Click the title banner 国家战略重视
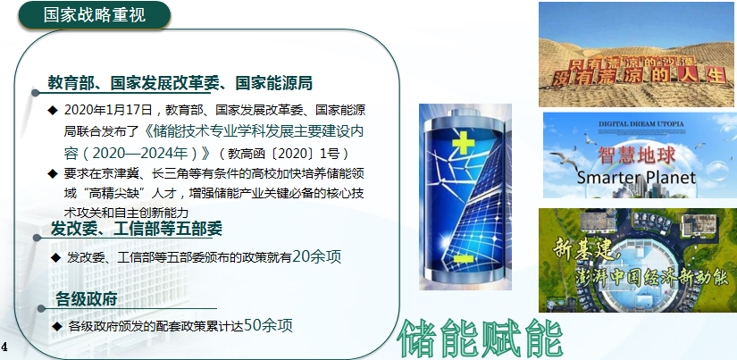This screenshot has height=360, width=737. (x=94, y=15)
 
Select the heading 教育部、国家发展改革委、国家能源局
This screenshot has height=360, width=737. (x=180, y=83)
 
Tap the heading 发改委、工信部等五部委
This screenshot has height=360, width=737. (x=137, y=229)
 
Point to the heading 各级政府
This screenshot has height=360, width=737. (x=86, y=299)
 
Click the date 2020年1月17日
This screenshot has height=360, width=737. (x=108, y=111)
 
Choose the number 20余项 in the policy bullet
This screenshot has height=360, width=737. (x=316, y=256)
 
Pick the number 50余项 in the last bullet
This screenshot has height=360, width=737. (x=268, y=325)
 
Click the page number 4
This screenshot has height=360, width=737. (x=4, y=347)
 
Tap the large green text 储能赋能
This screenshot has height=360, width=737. (x=481, y=339)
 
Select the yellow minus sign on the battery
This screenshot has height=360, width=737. (x=464, y=259)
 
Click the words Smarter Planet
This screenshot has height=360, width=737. (x=636, y=178)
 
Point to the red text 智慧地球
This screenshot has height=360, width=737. (x=636, y=155)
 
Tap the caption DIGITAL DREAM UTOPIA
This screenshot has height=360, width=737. (x=641, y=124)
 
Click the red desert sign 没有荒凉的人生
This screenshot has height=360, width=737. (x=639, y=77)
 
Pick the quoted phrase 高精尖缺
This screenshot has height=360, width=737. (x=107, y=193)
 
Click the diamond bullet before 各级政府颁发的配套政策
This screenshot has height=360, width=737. (x=57, y=326)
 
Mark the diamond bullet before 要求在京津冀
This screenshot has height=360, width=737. (x=52, y=173)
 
